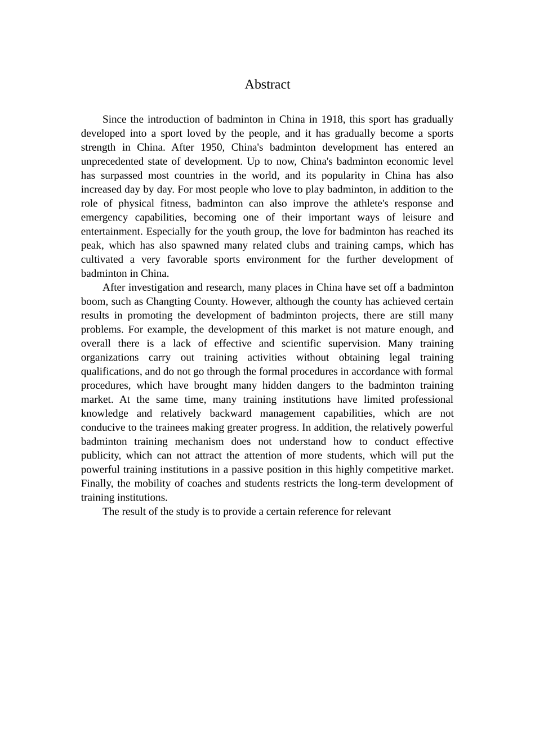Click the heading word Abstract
(267, 84)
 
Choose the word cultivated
(102, 259)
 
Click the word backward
(230, 413)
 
